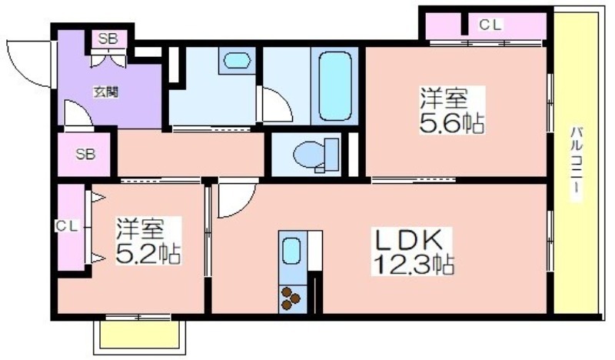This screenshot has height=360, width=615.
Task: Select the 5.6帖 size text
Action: tap(452, 122)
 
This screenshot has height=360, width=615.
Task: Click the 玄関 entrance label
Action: tap(105, 92)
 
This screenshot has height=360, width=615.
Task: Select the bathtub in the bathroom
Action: tap(334, 86)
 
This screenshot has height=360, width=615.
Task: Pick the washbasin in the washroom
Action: tap(237, 61)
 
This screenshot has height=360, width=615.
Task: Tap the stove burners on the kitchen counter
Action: tap(291, 298)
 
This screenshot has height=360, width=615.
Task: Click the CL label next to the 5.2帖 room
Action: tap(67, 226)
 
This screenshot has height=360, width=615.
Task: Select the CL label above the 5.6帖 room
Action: tap(490, 25)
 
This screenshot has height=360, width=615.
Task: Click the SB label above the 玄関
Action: tap(108, 39)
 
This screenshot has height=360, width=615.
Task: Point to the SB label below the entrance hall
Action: tap(85, 155)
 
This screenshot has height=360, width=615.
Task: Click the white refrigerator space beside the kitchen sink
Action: tap(315, 251)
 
